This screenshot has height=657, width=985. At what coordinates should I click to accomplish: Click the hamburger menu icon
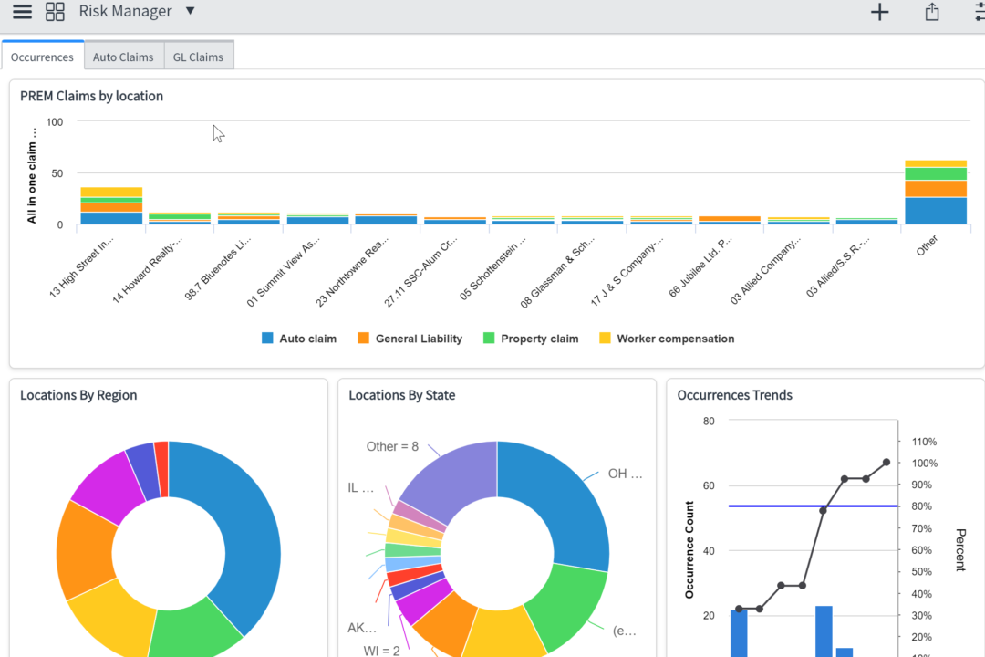coord(22,12)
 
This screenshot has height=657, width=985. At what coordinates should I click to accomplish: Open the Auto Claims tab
coord(123,57)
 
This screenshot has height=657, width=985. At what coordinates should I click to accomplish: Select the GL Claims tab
coord(199,57)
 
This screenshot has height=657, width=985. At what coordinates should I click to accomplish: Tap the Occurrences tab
coord(42,57)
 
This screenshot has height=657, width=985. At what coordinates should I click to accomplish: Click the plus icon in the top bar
coord(879,12)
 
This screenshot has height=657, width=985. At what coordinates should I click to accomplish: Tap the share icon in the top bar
coord(931,12)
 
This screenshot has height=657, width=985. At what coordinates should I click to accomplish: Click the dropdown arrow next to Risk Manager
coord(190,11)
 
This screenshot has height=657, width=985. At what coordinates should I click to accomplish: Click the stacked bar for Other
coord(936,193)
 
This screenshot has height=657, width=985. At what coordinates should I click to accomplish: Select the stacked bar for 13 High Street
coord(111,205)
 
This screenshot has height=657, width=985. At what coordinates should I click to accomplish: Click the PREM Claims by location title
coord(91,96)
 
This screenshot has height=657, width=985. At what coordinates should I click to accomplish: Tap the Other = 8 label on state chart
coord(392,446)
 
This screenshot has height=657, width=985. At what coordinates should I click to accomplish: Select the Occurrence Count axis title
coord(689,549)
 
